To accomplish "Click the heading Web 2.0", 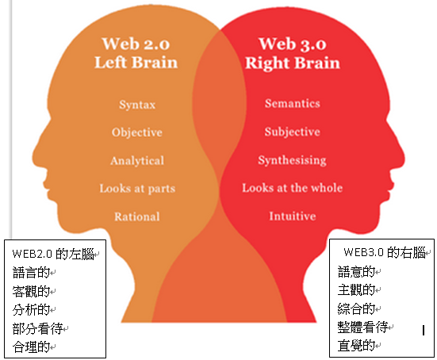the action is click(136, 44).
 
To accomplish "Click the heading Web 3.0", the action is click(293, 44).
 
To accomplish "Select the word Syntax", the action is click(137, 105).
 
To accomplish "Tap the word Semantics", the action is click(293, 103).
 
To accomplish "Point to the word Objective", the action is click(137, 132).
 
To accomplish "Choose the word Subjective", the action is click(293, 132).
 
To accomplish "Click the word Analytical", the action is click(137, 161).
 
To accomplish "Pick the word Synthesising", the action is click(292, 160).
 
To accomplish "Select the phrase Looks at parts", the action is click(137, 189).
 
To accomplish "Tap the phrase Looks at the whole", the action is click(293, 188).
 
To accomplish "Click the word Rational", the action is click(137, 216).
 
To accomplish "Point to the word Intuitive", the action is click(293, 216).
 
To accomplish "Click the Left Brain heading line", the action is click(136, 62).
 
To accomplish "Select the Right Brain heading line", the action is click(293, 63).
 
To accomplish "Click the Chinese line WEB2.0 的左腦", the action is click(53, 254).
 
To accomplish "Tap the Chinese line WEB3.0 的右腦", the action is click(385, 252).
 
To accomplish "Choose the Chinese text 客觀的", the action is click(31, 291).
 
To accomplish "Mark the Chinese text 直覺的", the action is click(356, 346).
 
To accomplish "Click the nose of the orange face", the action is click(36, 156).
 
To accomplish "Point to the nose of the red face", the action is click(401, 156).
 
